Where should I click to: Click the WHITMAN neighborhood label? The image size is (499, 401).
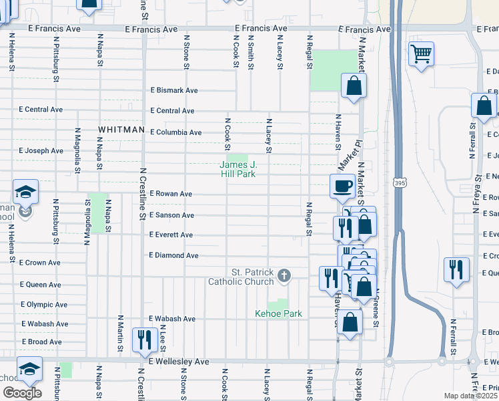(x=121, y=129)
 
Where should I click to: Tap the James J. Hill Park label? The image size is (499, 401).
(x=238, y=169)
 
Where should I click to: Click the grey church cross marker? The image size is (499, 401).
(x=284, y=275)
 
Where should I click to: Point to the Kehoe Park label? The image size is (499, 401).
(x=279, y=313)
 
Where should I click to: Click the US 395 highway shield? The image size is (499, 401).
(x=398, y=182)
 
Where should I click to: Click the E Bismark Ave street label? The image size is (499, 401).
(x=173, y=90)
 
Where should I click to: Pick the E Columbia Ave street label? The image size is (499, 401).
(x=175, y=132)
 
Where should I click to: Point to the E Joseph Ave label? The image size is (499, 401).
(x=41, y=151)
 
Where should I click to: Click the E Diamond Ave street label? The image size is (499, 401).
(x=173, y=255)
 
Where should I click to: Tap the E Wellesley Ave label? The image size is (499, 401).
(x=179, y=362)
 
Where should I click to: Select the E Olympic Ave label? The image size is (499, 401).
(x=44, y=305)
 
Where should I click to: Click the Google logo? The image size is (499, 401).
(x=22, y=393)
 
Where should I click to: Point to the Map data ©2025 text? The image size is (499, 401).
(x=470, y=396)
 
